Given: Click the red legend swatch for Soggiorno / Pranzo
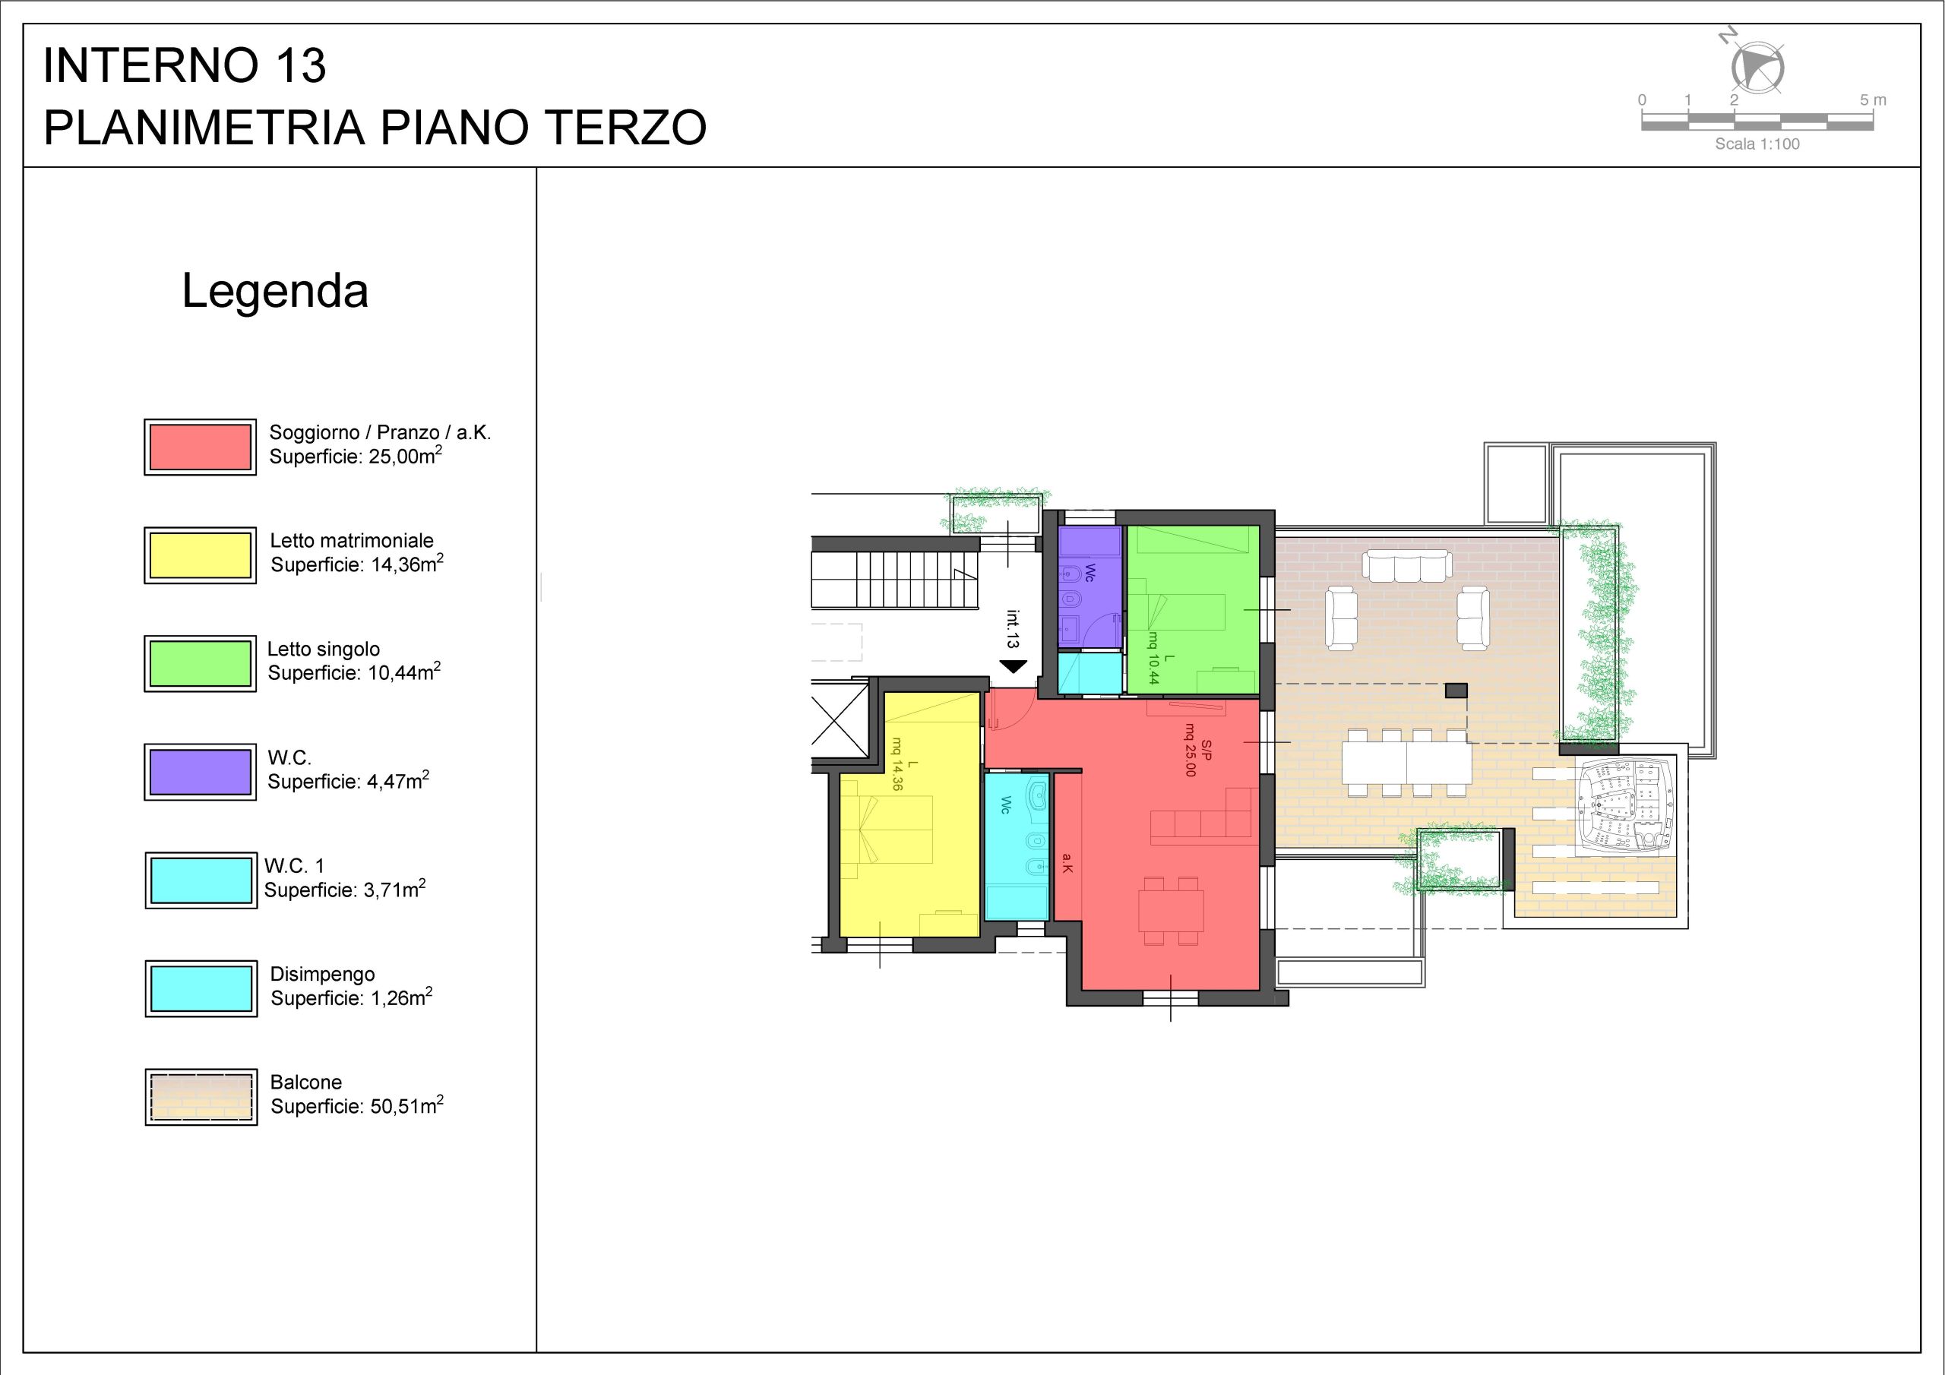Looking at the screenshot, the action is point(200,447).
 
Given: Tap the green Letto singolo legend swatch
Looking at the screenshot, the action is point(200,663).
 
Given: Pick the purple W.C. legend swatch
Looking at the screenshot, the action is point(200,772).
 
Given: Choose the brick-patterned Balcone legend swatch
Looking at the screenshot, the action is point(201,1097).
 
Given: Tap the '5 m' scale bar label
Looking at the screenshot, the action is point(1873,100).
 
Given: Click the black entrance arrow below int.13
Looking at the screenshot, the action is point(1014,667).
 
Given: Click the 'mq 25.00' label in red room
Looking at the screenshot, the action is point(1191,750).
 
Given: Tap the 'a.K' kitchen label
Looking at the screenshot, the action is point(1067,863).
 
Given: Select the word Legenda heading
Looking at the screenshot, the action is point(275,292).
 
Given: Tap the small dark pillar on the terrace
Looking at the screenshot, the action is point(1456,691).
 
